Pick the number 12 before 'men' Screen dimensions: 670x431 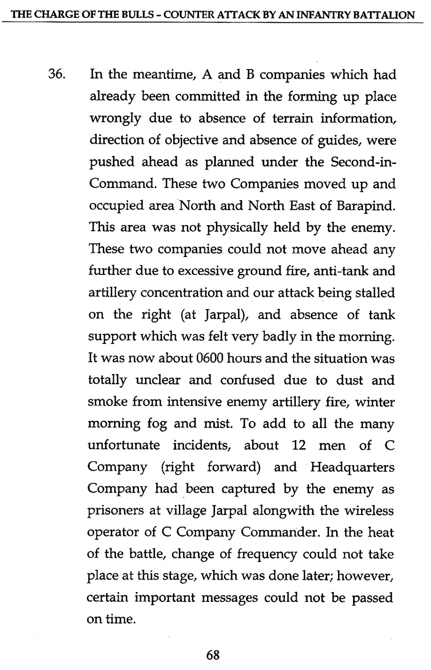(299, 445)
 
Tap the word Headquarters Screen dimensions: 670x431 (352, 467)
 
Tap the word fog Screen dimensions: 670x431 (157, 424)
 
